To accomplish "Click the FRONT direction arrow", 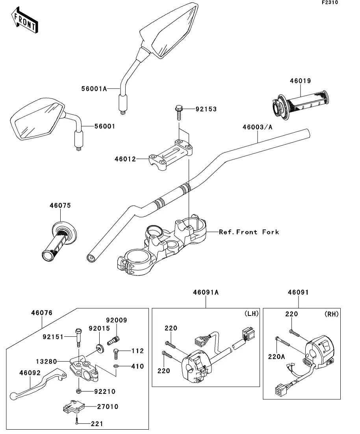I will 25,22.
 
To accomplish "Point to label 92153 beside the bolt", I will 206,109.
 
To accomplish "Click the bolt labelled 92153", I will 178,111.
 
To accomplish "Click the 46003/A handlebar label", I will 258,127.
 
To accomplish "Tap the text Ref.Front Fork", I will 249,232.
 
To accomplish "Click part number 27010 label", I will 107,406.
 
